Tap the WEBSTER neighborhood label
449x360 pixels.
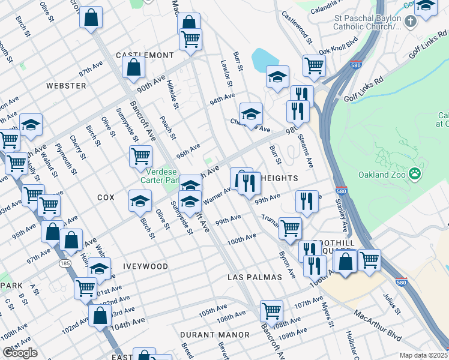click(66, 86)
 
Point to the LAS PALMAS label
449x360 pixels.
click(255, 277)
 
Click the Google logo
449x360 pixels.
click(20, 353)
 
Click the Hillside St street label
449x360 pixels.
click(173, 94)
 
